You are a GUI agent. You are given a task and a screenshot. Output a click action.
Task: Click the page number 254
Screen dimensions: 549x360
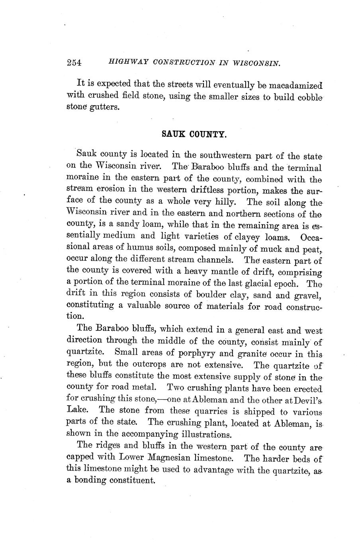click(x=74, y=63)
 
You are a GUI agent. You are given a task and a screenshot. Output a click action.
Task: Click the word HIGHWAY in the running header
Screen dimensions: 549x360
click(x=123, y=63)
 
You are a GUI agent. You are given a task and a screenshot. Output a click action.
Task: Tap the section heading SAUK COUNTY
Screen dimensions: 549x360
click(x=194, y=135)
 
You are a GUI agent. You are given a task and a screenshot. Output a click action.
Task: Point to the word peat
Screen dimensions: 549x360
click(x=312, y=249)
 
